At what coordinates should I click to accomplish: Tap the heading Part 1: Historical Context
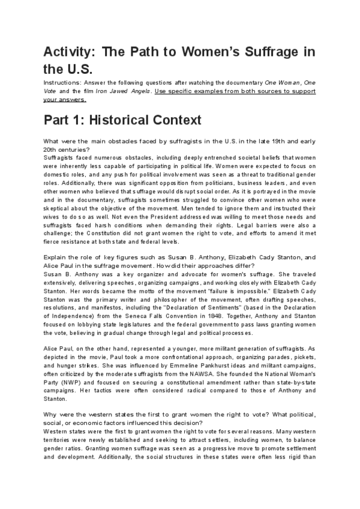[x=122, y=119]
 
